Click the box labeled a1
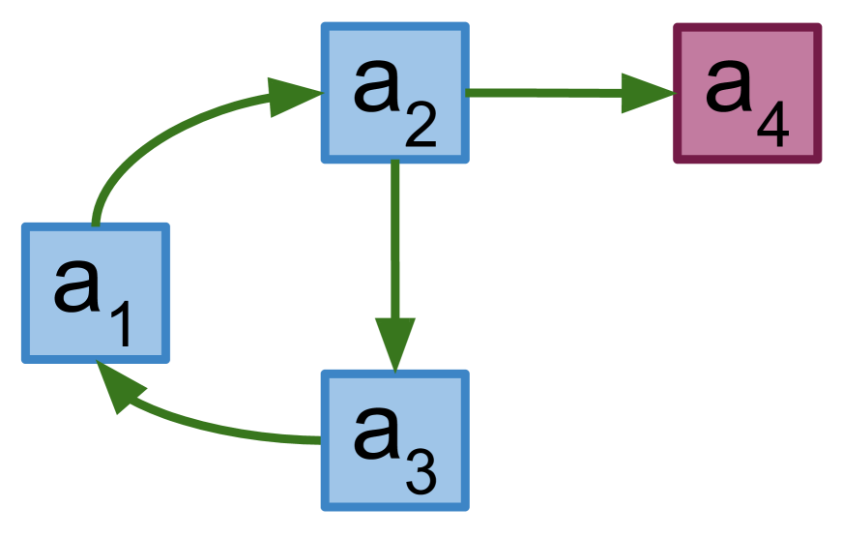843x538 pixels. point(96,293)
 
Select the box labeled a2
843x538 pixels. point(394,93)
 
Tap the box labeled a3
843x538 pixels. point(394,440)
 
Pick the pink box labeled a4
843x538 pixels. point(747,93)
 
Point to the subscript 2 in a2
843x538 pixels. point(421,126)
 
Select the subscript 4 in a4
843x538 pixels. point(773,126)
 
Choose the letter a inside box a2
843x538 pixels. point(377,85)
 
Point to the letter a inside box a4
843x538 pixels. point(730,85)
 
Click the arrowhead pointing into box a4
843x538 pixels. point(646,93)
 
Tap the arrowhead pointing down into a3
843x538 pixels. point(394,344)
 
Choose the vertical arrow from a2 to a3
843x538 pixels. point(394,242)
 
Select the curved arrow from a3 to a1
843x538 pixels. point(222,427)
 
